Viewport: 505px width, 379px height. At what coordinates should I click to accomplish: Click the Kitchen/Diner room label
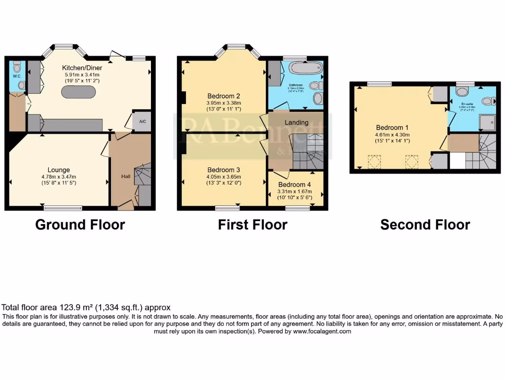click(79, 68)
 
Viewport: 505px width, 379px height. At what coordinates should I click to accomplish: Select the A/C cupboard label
click(142, 121)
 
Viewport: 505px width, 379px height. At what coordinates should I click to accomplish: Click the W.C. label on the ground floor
click(15, 76)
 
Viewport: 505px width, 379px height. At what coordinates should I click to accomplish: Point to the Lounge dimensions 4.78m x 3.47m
click(59, 177)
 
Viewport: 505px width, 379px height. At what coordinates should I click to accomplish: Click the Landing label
click(296, 122)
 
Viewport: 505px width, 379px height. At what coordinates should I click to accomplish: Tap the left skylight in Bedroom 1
click(375, 161)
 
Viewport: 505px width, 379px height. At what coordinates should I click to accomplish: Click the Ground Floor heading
click(80, 225)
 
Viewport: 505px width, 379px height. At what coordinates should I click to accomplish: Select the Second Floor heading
click(425, 225)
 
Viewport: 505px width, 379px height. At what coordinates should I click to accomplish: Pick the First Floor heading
click(252, 225)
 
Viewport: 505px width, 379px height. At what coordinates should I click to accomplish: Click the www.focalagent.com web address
click(323, 332)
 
